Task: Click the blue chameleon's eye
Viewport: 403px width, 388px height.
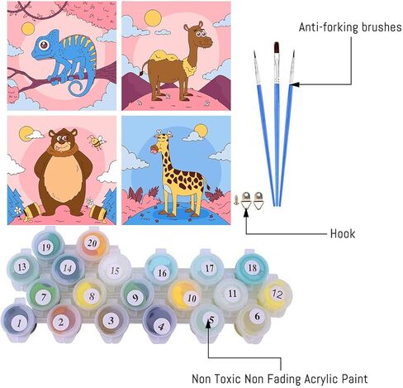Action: point(44,45)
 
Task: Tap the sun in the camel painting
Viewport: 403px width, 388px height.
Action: point(153,18)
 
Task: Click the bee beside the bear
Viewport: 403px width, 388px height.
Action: point(97,141)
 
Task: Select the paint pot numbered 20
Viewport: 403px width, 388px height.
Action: point(92,244)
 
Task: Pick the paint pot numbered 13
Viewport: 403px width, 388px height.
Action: point(22,267)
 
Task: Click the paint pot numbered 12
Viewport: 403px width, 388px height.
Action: point(276,295)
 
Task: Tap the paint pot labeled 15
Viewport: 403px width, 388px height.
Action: point(115,271)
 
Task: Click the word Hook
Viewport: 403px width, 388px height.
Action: point(343,233)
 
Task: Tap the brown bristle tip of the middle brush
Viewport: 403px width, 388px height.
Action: point(277,48)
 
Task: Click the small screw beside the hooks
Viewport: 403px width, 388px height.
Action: point(236,199)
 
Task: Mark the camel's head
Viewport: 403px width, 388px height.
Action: point(199,35)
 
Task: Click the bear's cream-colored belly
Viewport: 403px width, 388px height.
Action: point(63,175)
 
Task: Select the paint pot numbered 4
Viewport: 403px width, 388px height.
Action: point(159,323)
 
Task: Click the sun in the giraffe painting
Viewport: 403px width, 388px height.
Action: point(201,131)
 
